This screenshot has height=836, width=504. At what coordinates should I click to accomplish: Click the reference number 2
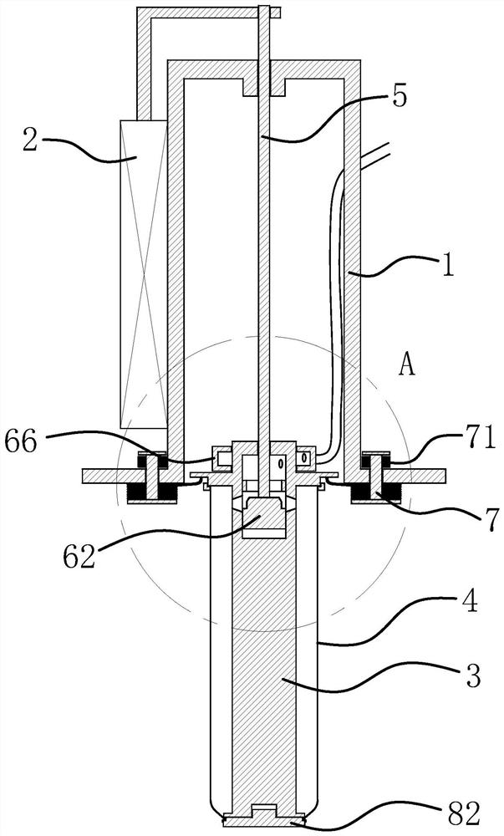tap(30, 140)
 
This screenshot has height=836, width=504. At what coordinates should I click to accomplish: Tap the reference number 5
tap(397, 95)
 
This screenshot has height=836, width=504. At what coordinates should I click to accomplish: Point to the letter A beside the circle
tap(406, 365)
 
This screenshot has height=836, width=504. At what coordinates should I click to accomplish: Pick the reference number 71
tap(481, 441)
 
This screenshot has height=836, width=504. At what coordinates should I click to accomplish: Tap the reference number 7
tap(491, 516)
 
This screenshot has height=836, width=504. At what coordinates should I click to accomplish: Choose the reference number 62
tap(79, 557)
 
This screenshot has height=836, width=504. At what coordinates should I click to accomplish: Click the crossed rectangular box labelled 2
tap(144, 274)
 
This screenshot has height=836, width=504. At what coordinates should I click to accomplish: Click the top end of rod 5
tap(264, 7)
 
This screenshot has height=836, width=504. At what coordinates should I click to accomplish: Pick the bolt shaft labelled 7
tap(375, 474)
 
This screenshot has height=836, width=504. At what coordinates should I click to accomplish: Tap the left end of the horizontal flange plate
tap(83, 477)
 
